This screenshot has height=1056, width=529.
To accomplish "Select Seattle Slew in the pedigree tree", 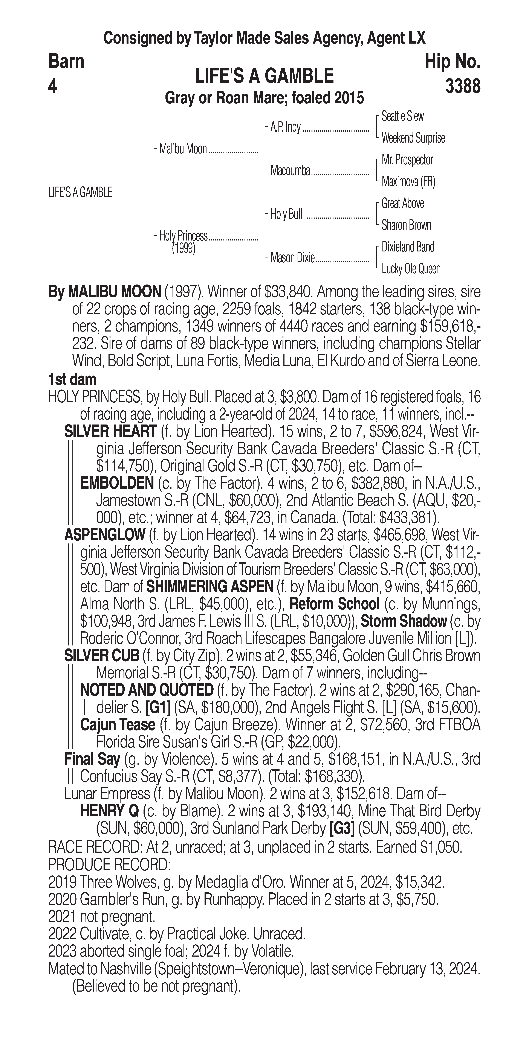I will [402, 116].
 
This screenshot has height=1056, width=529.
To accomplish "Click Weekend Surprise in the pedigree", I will [413, 138].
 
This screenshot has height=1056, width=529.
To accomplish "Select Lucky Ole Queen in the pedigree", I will [411, 269].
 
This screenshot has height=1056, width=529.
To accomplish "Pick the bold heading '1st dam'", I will [72, 380].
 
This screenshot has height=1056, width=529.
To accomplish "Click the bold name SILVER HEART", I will [110, 431].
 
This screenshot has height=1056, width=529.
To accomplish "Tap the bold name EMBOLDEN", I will [117, 483].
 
